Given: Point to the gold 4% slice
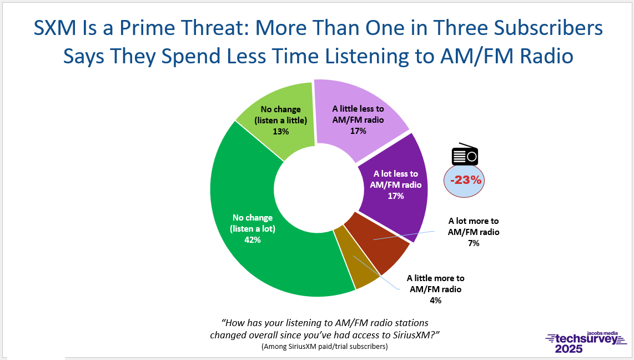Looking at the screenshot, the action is click(356, 259).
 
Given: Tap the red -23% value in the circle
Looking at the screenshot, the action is click(466, 180).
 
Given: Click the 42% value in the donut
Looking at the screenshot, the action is click(252, 240).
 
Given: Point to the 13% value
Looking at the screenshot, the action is click(280, 132).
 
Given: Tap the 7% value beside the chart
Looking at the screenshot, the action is click(474, 243).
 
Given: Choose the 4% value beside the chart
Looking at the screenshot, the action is click(435, 300).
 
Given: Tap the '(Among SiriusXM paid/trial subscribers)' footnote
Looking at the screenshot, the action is click(325, 347).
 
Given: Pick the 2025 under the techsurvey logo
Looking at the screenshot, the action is click(569, 349).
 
